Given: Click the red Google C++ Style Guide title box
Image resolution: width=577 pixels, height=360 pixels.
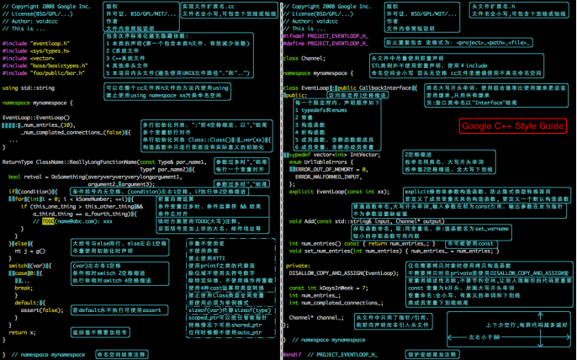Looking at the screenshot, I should (x=512, y=125).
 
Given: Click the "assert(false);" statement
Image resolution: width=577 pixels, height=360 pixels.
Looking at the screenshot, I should (x=39, y=309).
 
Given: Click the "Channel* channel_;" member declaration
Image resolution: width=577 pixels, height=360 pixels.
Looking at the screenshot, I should (x=316, y=318).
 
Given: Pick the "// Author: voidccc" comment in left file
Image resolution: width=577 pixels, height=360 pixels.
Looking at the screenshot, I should (x=29, y=20).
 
